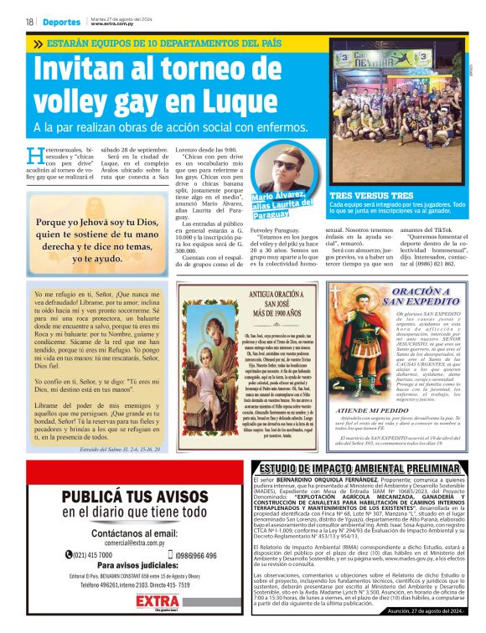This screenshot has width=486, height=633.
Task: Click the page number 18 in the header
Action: tap(29, 22)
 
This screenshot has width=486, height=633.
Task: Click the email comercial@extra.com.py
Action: tap(122, 543)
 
